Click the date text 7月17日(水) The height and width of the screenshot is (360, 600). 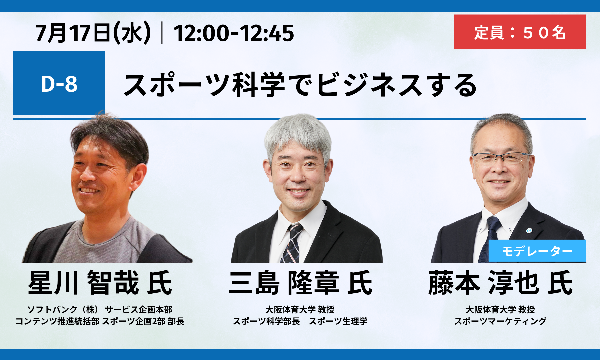click(93, 33)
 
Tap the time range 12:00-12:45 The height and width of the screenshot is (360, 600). click(234, 33)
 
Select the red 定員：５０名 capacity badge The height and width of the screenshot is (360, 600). click(520, 32)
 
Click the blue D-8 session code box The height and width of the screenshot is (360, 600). click(59, 83)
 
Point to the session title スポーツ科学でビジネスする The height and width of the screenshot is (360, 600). click(300, 85)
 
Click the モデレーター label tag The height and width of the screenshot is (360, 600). click(537, 251)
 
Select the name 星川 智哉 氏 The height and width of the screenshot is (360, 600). click(100, 283)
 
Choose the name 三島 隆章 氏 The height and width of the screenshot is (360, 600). click(300, 283)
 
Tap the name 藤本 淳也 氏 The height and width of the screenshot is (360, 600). click(500, 283)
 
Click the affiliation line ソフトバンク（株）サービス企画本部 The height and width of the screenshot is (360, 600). click(100, 310)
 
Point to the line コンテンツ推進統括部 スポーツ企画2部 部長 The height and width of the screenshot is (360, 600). click(100, 321)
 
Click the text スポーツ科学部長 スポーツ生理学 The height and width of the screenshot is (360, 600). click(300, 321)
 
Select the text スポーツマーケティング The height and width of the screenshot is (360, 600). click(500, 321)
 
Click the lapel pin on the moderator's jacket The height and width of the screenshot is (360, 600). click(529, 230)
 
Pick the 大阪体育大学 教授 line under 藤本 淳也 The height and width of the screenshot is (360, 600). click(500, 310)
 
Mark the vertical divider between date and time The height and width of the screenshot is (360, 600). click(162, 33)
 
